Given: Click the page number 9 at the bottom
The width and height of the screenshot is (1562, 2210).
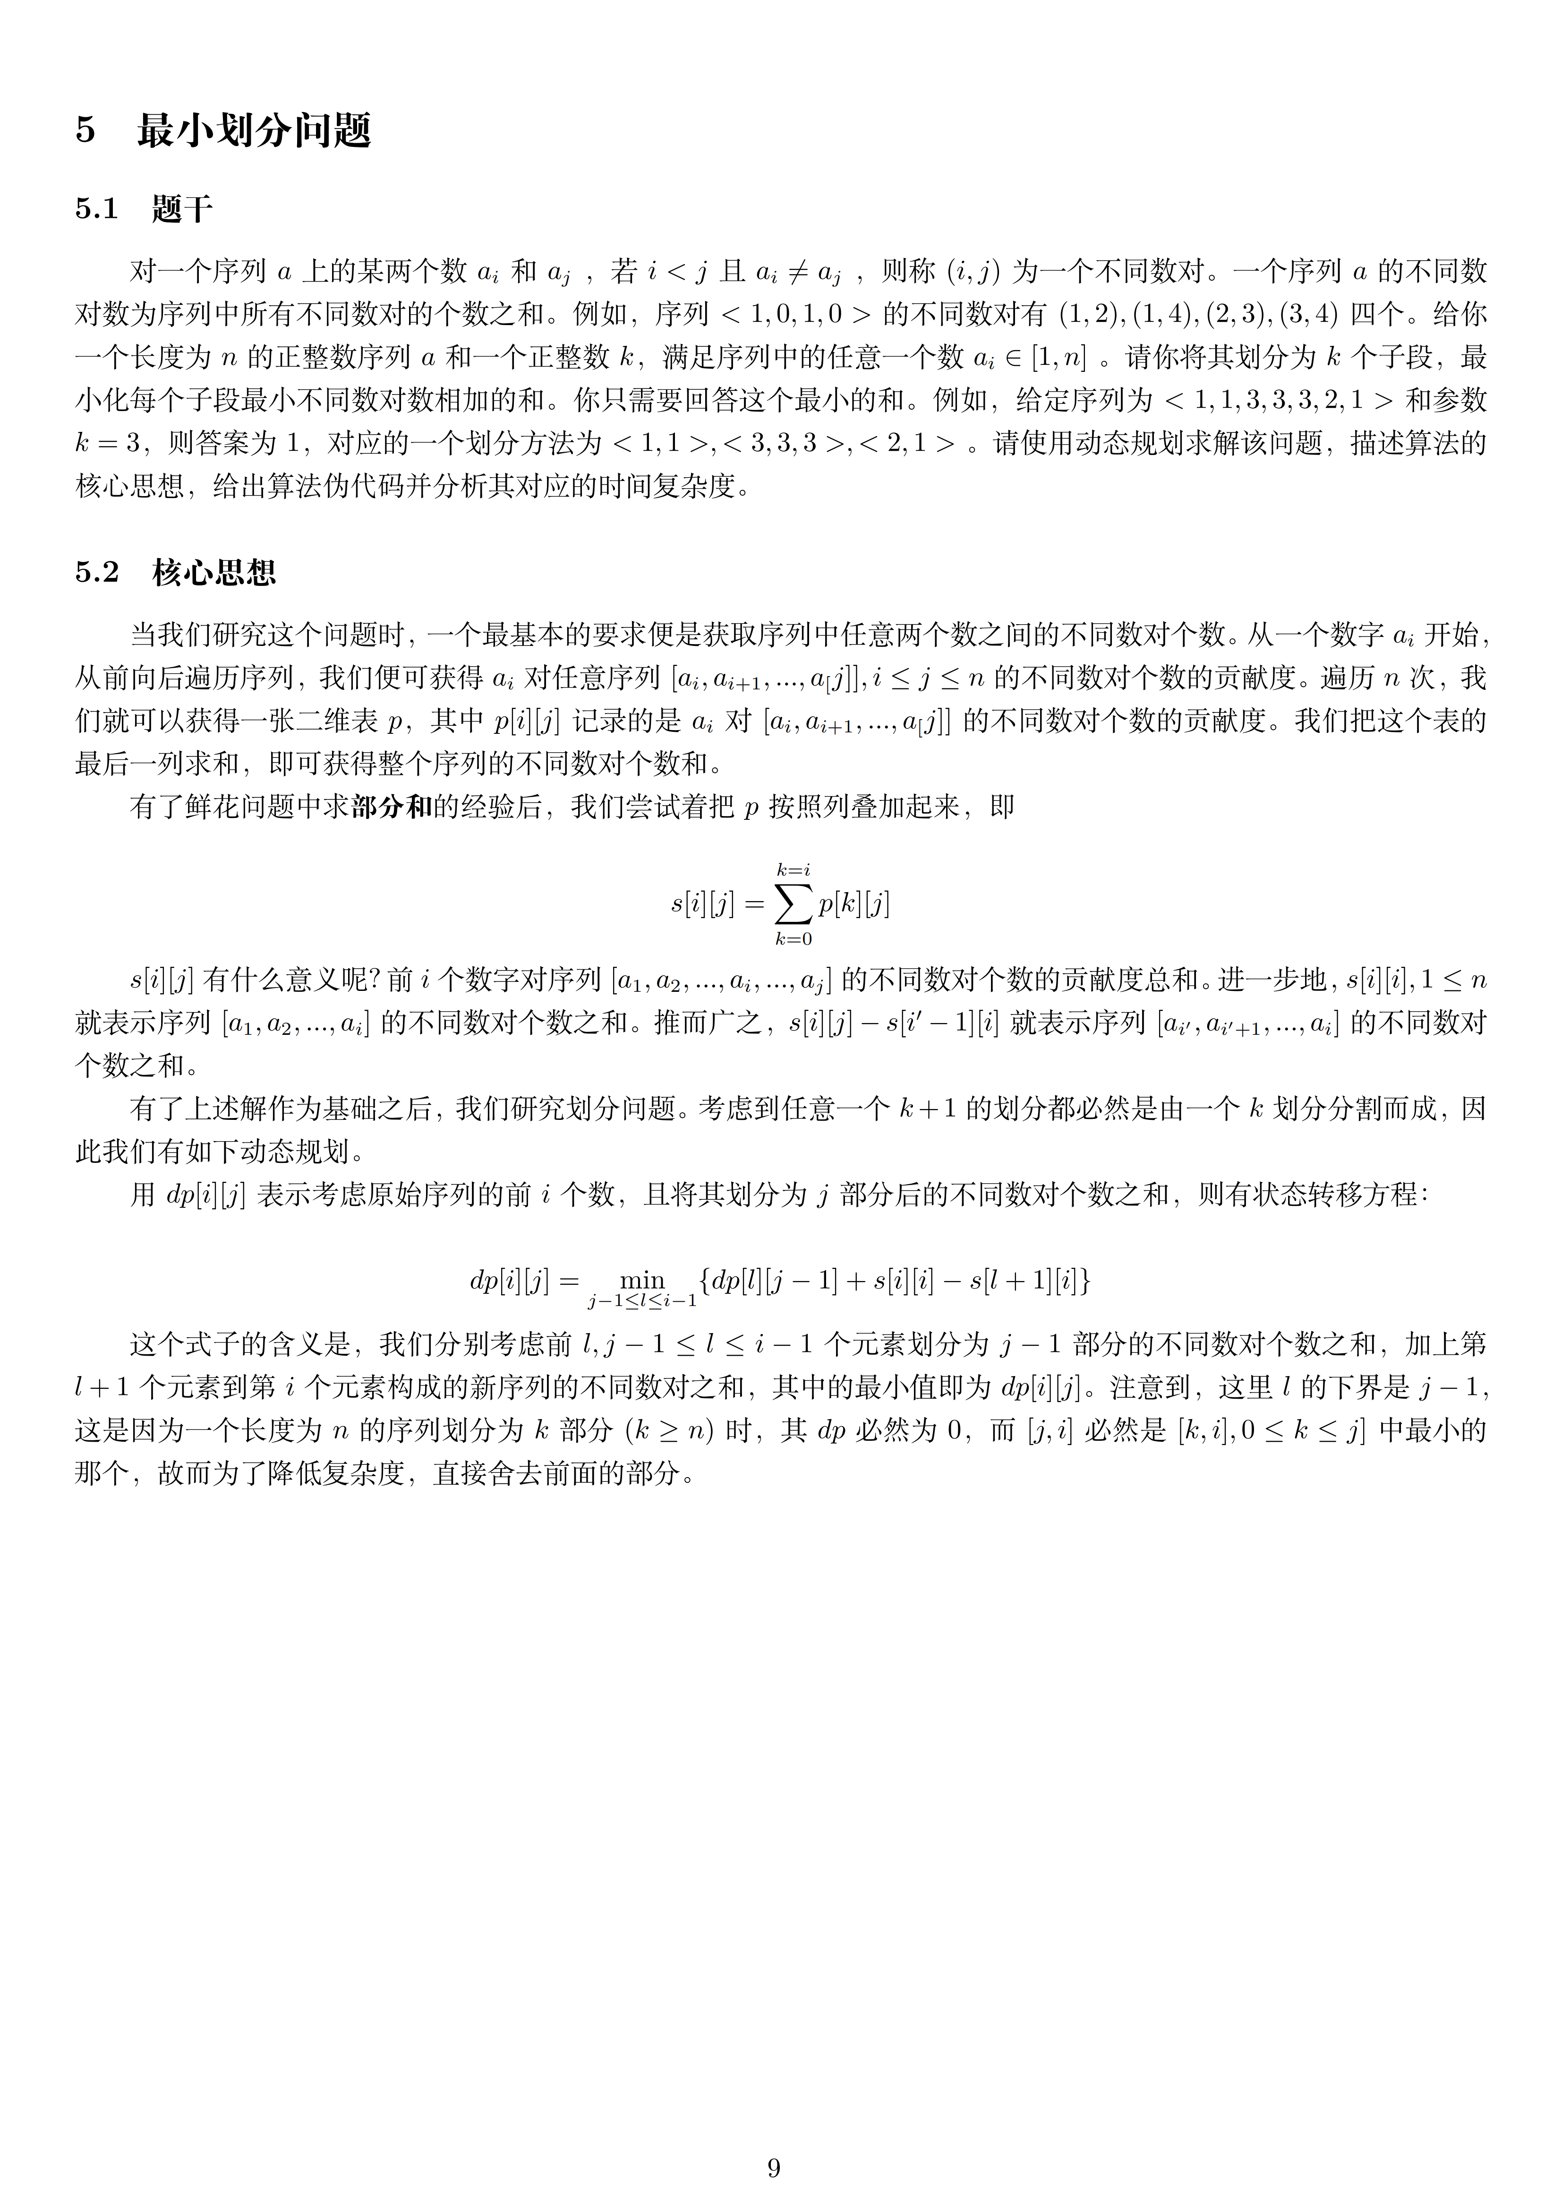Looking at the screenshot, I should (x=774, y=2167).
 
